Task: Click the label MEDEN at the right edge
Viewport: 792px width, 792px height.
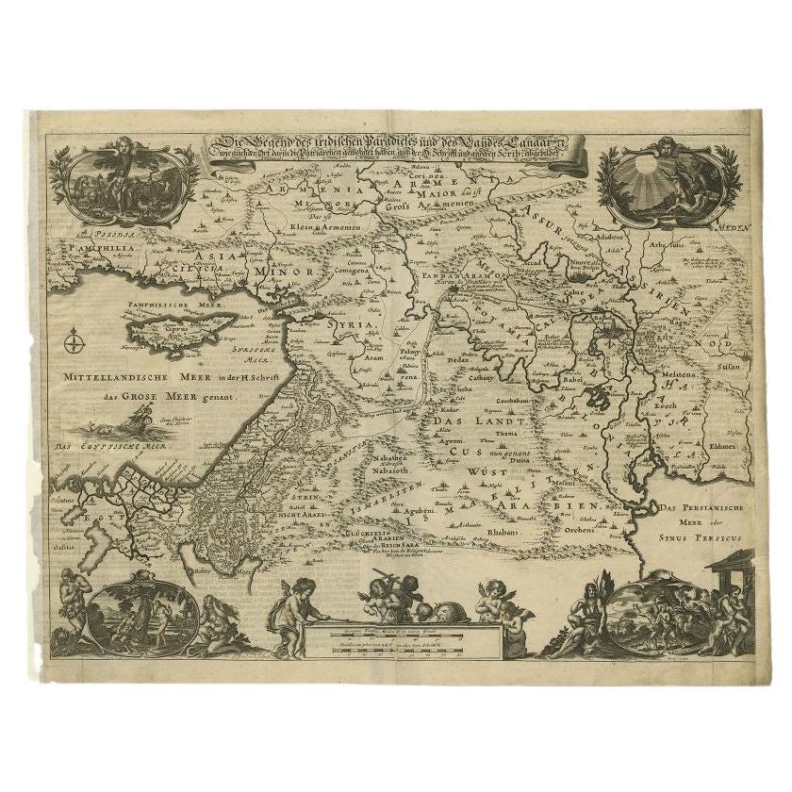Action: click(737, 228)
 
